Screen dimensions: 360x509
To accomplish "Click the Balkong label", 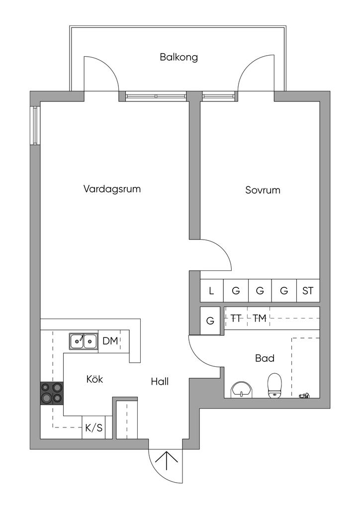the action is pyautogui.click(x=179, y=58).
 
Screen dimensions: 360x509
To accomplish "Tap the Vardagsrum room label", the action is pyautogui.click(x=112, y=189).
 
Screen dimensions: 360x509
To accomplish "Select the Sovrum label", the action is pyautogui.click(x=263, y=190).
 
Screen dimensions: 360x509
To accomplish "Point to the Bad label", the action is pyautogui.click(x=265, y=358).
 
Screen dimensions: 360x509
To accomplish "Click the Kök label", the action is pyautogui.click(x=94, y=379).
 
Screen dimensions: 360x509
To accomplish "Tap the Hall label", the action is pyautogui.click(x=160, y=381).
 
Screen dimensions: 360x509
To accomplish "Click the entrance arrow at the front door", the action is pyautogui.click(x=166, y=460).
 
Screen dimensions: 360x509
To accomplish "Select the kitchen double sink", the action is pyautogui.click(x=84, y=341).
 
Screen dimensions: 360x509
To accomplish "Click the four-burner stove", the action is pyautogui.click(x=52, y=393).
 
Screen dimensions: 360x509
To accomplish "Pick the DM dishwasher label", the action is pyautogui.click(x=110, y=341).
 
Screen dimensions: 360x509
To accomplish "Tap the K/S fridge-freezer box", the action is pyautogui.click(x=94, y=427).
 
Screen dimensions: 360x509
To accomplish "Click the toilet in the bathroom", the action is pyautogui.click(x=274, y=385).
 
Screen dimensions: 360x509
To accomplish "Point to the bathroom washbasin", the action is pyautogui.click(x=241, y=389).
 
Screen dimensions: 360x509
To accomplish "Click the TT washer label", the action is pyautogui.click(x=236, y=319).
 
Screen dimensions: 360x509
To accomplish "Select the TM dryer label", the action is pyautogui.click(x=260, y=319).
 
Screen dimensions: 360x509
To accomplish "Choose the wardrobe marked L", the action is pyautogui.click(x=211, y=290).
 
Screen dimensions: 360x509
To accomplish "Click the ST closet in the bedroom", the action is pyautogui.click(x=308, y=290).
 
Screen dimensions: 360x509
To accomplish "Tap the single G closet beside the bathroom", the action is pyautogui.click(x=210, y=321).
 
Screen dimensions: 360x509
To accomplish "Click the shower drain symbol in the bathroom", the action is pyautogui.click(x=304, y=395).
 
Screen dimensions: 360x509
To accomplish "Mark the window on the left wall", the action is pyautogui.click(x=36, y=126).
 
